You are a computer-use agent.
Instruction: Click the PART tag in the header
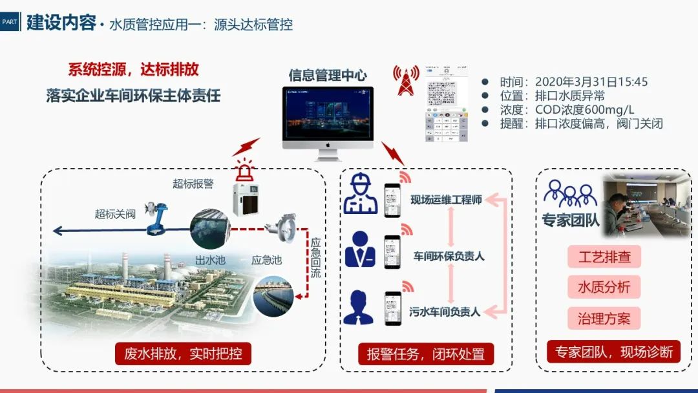pyautogui.click(x=10, y=22)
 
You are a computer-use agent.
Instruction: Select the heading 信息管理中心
pyautogui.click(x=328, y=76)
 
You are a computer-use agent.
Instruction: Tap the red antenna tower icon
pyautogui.click(x=405, y=80)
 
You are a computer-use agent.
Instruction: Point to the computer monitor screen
pyautogui.click(x=328, y=116)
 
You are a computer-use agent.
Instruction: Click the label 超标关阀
pyautogui.click(x=115, y=214)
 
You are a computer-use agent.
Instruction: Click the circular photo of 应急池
pyautogui.click(x=273, y=295)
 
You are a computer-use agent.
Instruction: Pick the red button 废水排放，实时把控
pyautogui.click(x=183, y=354)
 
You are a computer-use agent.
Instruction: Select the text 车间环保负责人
pyautogui.click(x=449, y=257)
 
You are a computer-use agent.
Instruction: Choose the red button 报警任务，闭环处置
pyautogui.click(x=426, y=354)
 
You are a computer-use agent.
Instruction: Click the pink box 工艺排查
pyautogui.click(x=604, y=257)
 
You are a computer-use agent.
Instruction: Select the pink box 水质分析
pyautogui.click(x=604, y=287)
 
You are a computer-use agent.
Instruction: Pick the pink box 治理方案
pyautogui.click(x=604, y=318)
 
